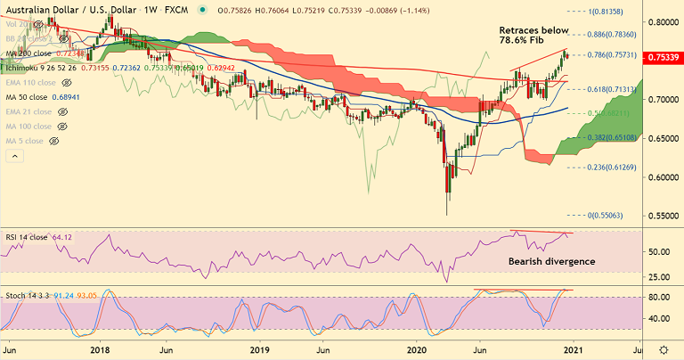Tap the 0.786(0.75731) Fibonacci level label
click(612, 55)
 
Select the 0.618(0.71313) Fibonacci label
click(612, 90)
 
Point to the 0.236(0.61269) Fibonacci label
click(612, 168)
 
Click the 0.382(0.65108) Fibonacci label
click(612, 138)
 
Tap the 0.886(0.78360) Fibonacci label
click(612, 35)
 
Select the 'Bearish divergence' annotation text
click(550, 262)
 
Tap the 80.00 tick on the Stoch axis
click(660, 297)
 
